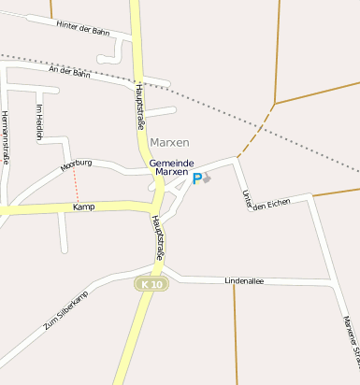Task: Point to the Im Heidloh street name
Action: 39,121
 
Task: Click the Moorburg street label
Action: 77,164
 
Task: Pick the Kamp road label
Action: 84,207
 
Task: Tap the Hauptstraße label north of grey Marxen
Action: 140,101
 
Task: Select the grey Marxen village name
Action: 169,142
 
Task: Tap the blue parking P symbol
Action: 196,178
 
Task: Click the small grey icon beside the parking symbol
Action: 208,177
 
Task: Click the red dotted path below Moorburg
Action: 77,186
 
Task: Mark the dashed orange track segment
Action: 256,132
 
